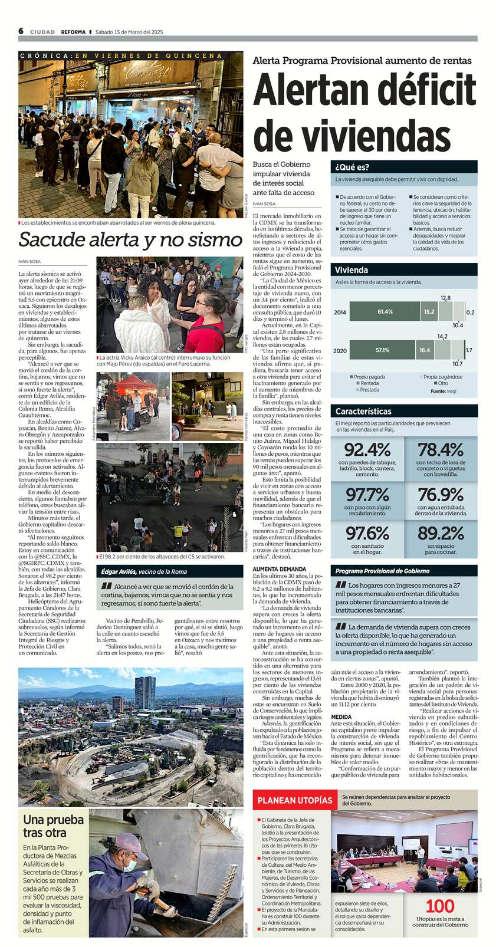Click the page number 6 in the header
[21, 31]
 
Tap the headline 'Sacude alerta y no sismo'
[130, 239]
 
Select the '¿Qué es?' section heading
[352, 167]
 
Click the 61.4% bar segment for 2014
[385, 311]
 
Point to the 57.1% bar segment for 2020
[382, 350]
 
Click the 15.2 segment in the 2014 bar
[429, 311]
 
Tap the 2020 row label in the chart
[340, 350]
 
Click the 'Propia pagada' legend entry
[368, 376]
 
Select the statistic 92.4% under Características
[367, 449]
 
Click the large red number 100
[440, 906]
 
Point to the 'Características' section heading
[363, 411]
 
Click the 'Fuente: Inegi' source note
[444, 390]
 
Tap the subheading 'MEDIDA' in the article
[341, 717]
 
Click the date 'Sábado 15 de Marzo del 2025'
[129, 32]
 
